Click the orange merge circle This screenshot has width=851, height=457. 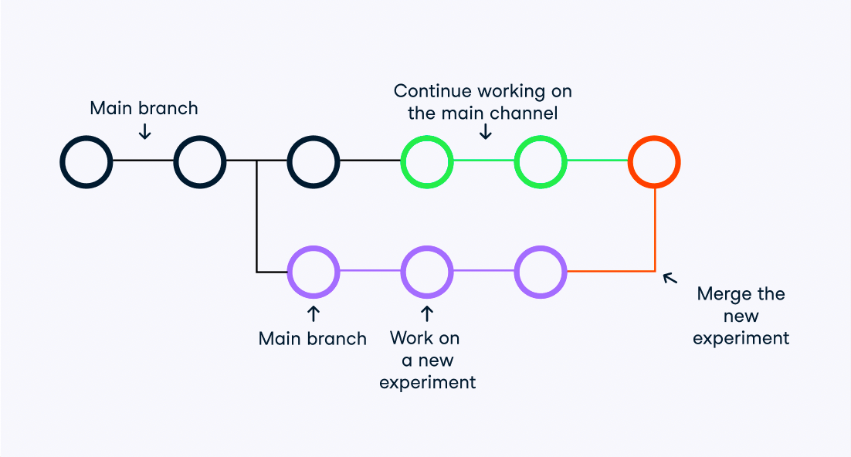[x=654, y=161]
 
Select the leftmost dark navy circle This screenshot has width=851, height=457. [x=86, y=161]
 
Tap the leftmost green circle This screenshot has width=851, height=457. [x=427, y=161]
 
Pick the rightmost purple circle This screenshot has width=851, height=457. [x=541, y=272]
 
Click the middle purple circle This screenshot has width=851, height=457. [x=427, y=272]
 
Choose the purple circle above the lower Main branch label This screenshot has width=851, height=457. [x=313, y=272]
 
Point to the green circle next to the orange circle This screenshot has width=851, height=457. [x=541, y=161]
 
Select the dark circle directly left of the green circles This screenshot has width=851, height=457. [x=313, y=161]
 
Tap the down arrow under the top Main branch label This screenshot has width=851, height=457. [x=144, y=131]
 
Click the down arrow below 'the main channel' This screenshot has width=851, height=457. [x=485, y=132]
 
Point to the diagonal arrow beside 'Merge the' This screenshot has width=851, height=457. [x=670, y=277]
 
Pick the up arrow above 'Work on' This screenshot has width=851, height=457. [x=427, y=313]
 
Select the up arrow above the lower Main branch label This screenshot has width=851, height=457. [x=313, y=313]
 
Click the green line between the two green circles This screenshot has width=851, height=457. [x=484, y=161]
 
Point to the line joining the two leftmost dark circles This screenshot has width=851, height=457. [x=143, y=161]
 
